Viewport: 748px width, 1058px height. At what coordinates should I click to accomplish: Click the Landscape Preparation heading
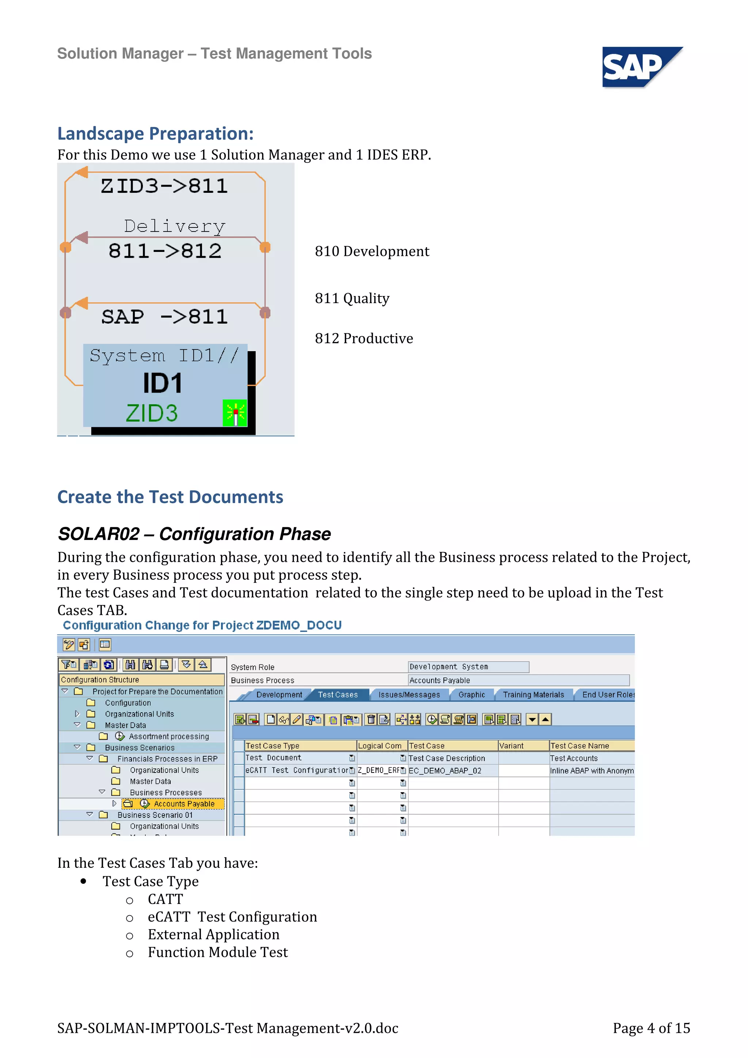point(155,134)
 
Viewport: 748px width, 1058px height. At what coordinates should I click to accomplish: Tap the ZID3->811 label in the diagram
point(164,186)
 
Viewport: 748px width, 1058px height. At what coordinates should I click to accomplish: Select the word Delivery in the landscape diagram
point(175,226)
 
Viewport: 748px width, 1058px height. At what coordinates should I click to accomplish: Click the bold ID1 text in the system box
point(162,383)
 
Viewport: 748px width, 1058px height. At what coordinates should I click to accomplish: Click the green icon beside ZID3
point(234,413)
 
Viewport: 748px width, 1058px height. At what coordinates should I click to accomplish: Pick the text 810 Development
point(371,251)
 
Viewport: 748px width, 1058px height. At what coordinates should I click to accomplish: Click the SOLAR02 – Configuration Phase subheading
point(194,534)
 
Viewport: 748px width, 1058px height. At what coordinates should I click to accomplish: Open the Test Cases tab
point(337,694)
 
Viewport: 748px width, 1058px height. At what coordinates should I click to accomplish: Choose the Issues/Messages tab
point(409,694)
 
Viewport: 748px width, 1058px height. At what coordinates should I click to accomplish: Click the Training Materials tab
point(533,694)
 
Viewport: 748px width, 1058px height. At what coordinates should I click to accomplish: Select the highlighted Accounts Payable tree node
point(183,804)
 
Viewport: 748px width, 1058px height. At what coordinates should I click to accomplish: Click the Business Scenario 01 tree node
point(155,815)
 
